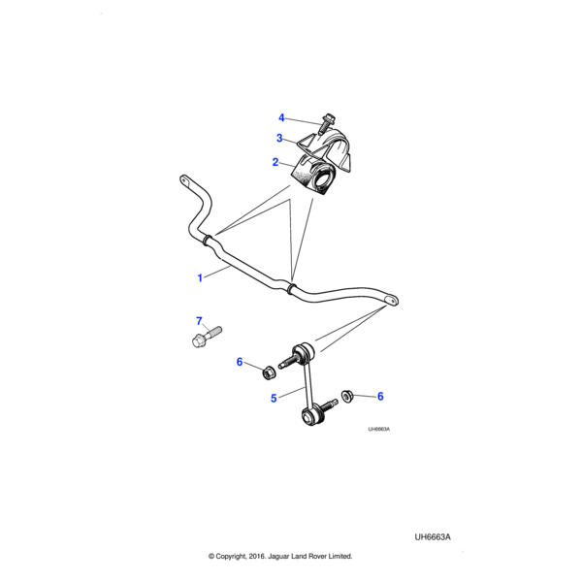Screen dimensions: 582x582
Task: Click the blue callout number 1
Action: [x=200, y=277]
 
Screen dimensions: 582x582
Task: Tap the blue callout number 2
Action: [x=275, y=162]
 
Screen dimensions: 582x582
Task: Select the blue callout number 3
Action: [x=279, y=138]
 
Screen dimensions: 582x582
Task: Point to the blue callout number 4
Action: [x=281, y=118]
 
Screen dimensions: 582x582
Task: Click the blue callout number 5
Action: [x=274, y=399]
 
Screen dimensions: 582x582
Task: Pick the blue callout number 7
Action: [x=199, y=321]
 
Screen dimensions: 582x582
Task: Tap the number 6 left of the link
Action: [x=240, y=362]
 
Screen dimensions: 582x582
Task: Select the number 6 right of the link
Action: [x=380, y=397]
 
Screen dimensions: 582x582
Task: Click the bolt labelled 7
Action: [x=207, y=337]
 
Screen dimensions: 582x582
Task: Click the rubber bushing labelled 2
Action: [x=312, y=178]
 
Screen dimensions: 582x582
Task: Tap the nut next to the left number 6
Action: [x=269, y=372]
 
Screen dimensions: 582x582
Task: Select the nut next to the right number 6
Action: [x=347, y=397]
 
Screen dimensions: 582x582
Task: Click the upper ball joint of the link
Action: [x=302, y=353]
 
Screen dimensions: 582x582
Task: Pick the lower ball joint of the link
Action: [x=311, y=416]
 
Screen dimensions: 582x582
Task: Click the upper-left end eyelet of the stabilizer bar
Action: [x=184, y=180]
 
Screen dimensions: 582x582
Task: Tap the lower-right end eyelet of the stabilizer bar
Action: [x=391, y=300]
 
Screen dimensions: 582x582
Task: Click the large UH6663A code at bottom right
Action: [x=433, y=537]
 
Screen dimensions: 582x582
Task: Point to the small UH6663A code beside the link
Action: [x=378, y=429]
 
